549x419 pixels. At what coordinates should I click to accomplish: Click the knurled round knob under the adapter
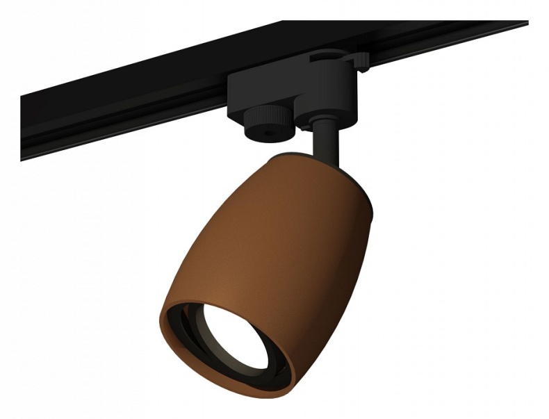266,120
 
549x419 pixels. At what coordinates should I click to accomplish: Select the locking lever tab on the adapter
361,63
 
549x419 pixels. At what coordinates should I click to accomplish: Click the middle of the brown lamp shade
278,236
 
